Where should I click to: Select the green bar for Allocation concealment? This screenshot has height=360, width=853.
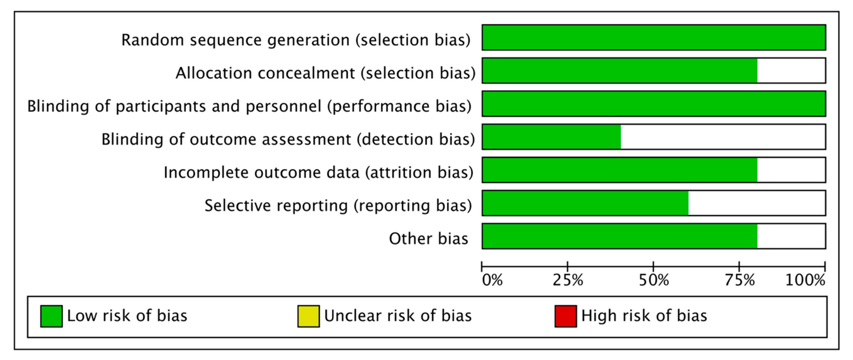pos(620,71)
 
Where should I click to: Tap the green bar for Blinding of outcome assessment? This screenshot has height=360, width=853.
pos(552,137)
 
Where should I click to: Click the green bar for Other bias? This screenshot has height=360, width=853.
pos(620,236)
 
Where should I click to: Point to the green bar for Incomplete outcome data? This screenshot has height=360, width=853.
pos(620,170)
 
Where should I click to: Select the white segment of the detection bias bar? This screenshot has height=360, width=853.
pos(723,137)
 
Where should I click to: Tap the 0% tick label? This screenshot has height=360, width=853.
pos(492,280)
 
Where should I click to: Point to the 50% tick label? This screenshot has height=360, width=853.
pos(654,280)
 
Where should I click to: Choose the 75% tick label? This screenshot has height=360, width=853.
pos(739,280)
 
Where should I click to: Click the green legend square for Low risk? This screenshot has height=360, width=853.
pos(51,316)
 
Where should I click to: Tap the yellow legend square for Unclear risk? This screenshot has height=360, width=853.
pos(309,316)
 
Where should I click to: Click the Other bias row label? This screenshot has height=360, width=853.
pos(429,239)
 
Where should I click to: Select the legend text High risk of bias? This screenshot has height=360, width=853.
pos(644,316)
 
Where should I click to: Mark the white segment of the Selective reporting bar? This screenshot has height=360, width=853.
pos(757,203)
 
